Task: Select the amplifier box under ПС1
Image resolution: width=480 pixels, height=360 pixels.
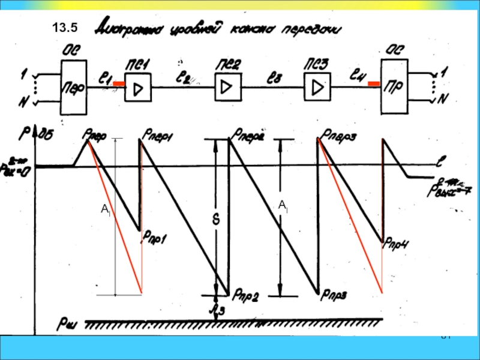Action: [138, 89]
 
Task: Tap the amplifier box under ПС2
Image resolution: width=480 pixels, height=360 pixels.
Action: [227, 88]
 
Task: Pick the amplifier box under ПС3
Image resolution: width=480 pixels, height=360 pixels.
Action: [316, 88]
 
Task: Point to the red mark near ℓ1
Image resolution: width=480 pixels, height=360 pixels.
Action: [119, 84]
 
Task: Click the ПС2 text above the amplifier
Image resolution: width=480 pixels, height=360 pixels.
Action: [226, 64]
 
